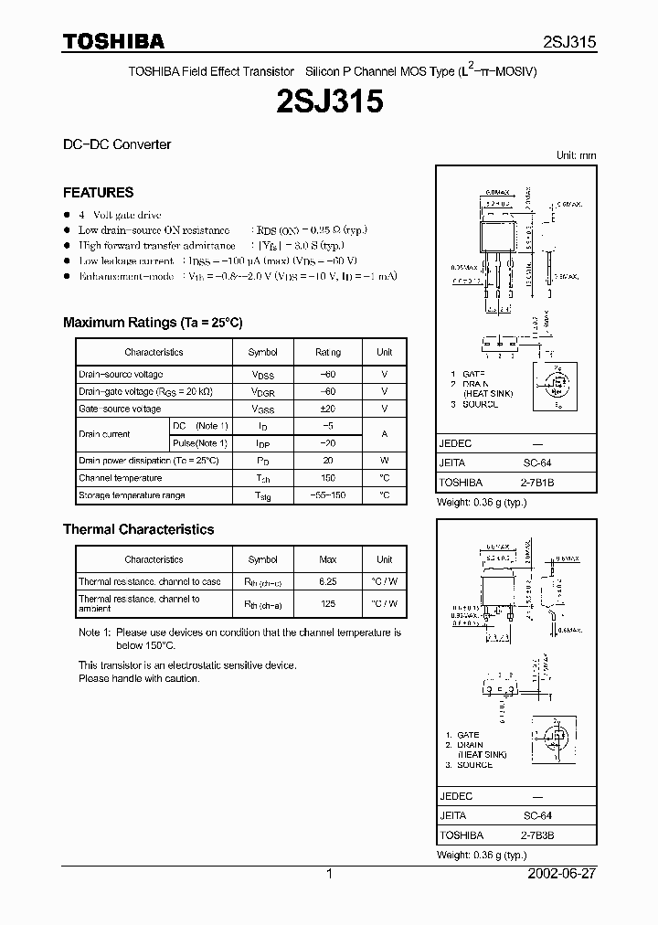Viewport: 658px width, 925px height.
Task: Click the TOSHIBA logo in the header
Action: (113, 41)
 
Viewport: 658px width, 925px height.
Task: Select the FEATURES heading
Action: (98, 193)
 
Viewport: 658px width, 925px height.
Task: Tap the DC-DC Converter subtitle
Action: (116, 144)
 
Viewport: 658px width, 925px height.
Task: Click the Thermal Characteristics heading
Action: (138, 529)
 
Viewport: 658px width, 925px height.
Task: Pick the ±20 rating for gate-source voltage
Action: (327, 409)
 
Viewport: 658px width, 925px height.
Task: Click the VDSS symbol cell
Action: (263, 375)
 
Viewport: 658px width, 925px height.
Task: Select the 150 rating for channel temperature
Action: (327, 478)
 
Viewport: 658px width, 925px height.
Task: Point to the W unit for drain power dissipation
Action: (384, 461)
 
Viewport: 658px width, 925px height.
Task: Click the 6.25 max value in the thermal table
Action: (327, 581)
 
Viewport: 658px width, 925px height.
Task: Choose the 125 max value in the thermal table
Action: (327, 603)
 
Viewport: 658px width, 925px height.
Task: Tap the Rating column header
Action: (327, 352)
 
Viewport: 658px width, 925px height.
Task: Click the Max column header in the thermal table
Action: (327, 559)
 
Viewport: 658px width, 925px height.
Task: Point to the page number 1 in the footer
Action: (329, 874)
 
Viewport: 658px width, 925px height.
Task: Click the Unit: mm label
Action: (576, 155)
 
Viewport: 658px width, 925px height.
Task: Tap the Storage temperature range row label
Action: (132, 495)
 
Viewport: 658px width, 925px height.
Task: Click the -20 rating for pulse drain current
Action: (327, 443)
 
